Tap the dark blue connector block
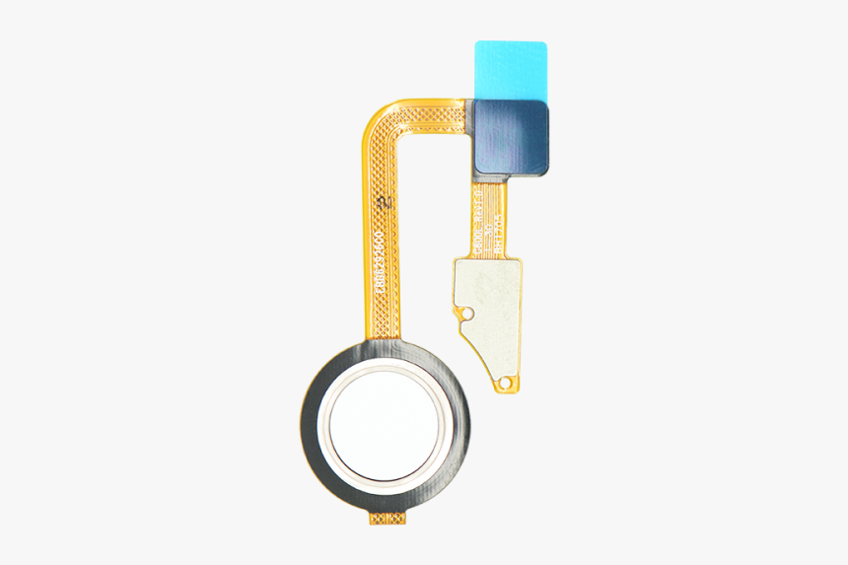[x=514, y=137]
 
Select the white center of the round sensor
[x=384, y=425]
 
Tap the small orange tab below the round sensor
[x=386, y=516]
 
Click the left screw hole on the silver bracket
[x=468, y=314]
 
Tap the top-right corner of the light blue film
[x=544, y=44]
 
